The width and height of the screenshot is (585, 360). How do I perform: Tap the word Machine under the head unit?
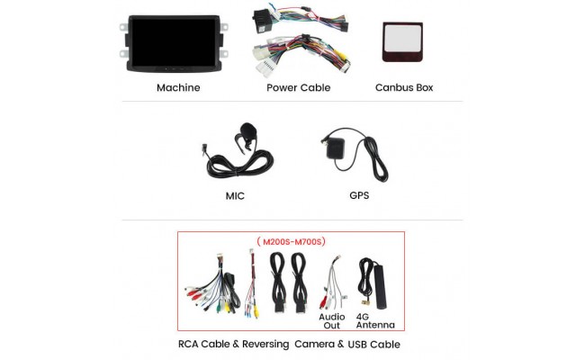[x=178, y=87]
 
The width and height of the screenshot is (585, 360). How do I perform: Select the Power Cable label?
[x=298, y=87]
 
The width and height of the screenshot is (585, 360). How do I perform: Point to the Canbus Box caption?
[x=404, y=87]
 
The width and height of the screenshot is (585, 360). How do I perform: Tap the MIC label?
[x=235, y=195]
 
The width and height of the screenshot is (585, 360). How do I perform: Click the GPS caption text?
[x=358, y=195]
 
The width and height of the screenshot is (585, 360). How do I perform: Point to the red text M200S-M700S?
[x=291, y=241]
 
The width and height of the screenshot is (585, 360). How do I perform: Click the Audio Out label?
[x=331, y=320]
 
